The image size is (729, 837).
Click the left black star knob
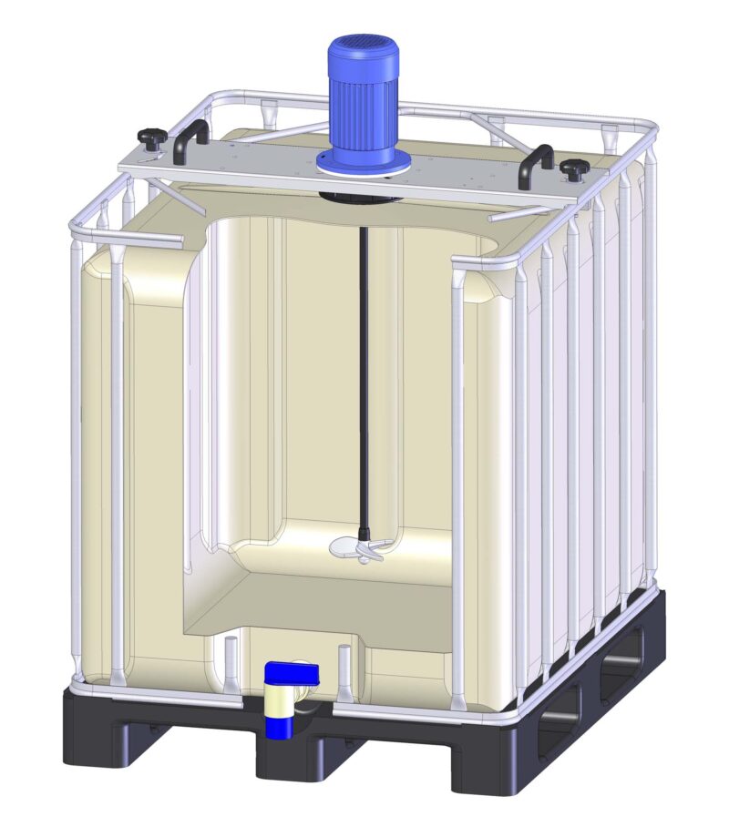(x=149, y=139)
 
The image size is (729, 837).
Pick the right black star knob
(x=572, y=169)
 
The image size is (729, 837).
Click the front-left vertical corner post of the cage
(x=77, y=455)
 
